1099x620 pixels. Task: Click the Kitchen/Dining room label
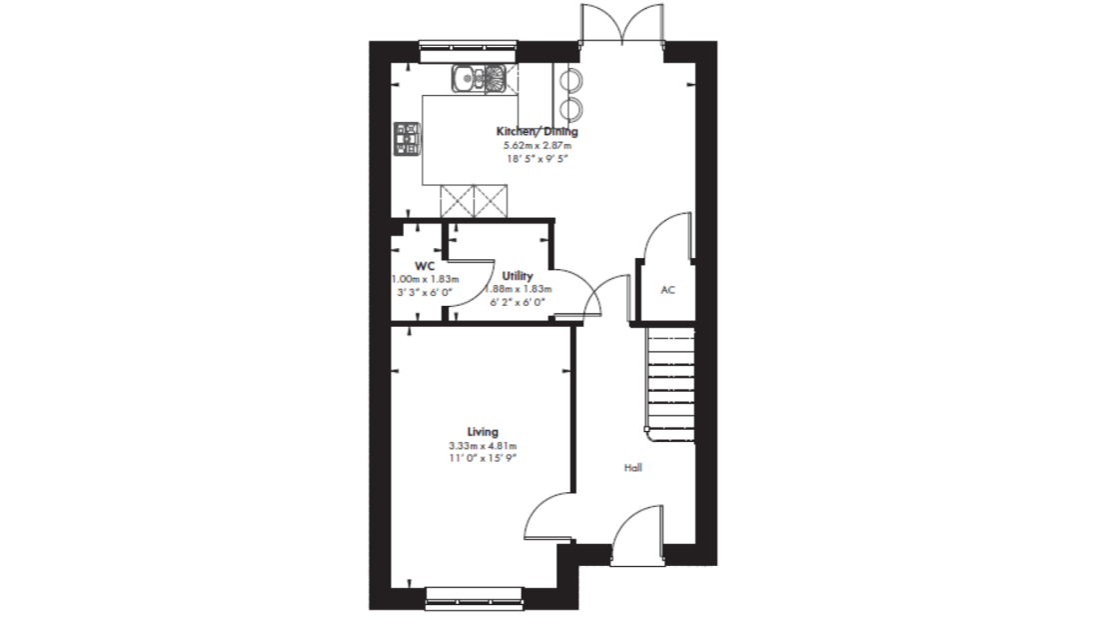click(x=537, y=131)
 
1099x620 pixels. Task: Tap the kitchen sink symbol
click(x=478, y=78)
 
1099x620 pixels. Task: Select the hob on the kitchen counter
click(x=408, y=139)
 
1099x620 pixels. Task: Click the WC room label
click(x=425, y=266)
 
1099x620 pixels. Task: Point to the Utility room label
click(x=518, y=276)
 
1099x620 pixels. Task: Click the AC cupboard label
click(x=668, y=290)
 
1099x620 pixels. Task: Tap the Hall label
click(x=632, y=468)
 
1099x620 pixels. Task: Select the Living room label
click(x=483, y=432)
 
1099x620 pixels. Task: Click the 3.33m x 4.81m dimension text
click(x=483, y=446)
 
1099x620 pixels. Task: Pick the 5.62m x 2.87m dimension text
click(x=538, y=146)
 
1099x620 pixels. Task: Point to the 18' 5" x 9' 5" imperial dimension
click(x=538, y=159)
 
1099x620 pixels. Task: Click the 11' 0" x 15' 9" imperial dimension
click(x=483, y=459)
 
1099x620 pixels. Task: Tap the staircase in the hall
click(x=670, y=384)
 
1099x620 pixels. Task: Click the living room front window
click(x=476, y=595)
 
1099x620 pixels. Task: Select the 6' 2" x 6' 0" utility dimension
click(x=518, y=302)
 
